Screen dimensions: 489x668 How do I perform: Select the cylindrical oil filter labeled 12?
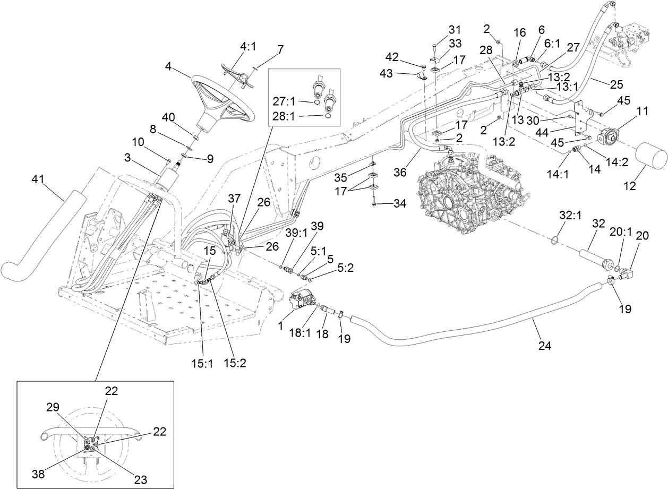click(x=650, y=157)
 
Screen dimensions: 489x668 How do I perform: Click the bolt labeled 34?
click(x=374, y=202)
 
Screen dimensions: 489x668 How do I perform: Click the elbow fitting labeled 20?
click(x=628, y=274)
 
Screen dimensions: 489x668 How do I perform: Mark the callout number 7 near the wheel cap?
click(x=280, y=49)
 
